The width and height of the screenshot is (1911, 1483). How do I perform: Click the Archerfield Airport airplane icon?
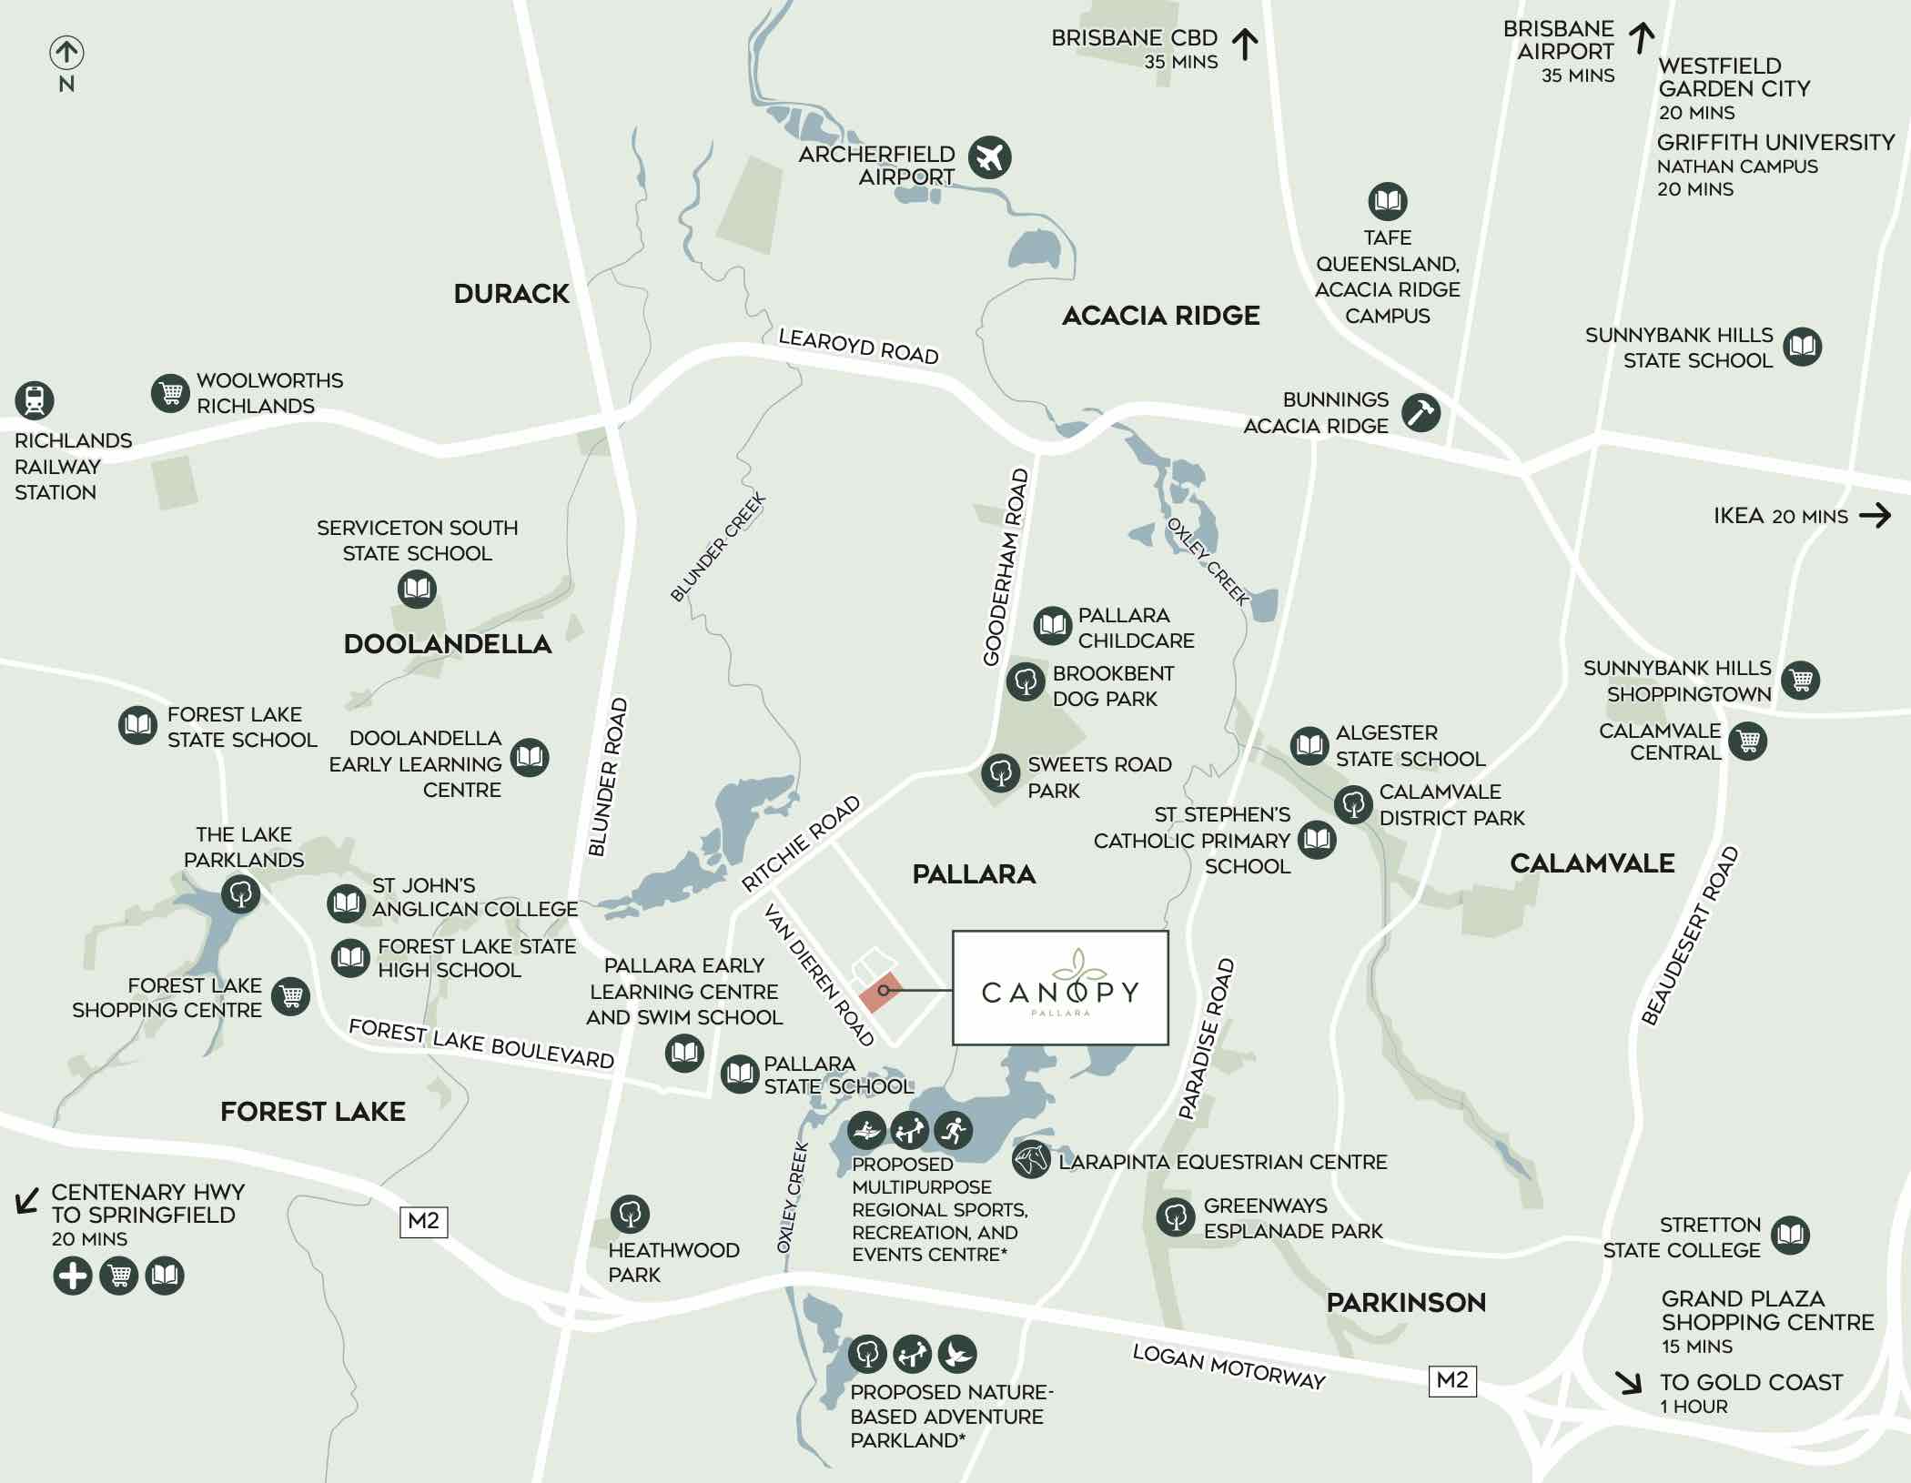click(x=989, y=156)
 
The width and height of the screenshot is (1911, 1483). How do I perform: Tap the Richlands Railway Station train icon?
click(x=35, y=400)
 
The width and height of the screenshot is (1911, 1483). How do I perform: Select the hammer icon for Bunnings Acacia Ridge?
click(x=1420, y=412)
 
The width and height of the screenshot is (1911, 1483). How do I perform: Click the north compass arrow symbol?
click(x=66, y=53)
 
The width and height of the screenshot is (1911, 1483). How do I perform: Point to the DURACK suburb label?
click(x=511, y=294)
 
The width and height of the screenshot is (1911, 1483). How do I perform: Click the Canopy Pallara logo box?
click(x=1060, y=988)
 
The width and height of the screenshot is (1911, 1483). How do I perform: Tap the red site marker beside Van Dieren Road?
click(x=881, y=992)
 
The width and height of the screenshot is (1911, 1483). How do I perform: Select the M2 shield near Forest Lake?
click(x=424, y=1221)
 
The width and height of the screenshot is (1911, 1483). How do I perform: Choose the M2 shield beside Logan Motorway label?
click(x=1451, y=1380)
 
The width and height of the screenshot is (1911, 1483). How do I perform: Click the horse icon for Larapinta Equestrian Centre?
click(x=1031, y=1160)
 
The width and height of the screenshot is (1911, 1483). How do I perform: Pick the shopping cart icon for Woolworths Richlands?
click(x=170, y=393)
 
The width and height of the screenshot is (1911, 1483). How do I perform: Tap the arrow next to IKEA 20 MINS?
click(x=1875, y=516)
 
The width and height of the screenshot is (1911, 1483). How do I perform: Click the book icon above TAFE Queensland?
click(x=1388, y=201)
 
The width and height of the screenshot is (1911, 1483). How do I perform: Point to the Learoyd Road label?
click(x=858, y=347)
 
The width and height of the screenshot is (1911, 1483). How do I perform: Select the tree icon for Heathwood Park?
click(x=631, y=1213)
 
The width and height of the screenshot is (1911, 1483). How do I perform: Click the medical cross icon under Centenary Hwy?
click(x=73, y=1276)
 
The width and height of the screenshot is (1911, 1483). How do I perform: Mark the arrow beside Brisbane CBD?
click(x=1245, y=44)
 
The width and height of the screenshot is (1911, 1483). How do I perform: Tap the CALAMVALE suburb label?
click(x=1592, y=863)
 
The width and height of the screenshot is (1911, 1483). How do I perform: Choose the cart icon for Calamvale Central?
click(x=1748, y=741)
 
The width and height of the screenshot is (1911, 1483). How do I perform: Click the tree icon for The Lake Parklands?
click(x=241, y=894)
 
